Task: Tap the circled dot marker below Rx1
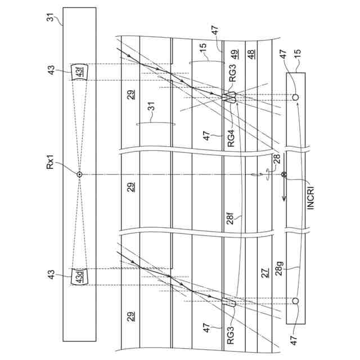[x=79, y=174]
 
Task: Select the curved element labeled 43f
[x=79, y=73]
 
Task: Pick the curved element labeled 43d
[x=79, y=276]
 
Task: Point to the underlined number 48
[x=250, y=55]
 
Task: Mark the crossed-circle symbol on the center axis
[x=283, y=174]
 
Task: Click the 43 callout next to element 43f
[x=52, y=71]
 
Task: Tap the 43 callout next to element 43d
[x=52, y=276]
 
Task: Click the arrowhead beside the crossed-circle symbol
[x=283, y=197]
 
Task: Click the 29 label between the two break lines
[x=130, y=188]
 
